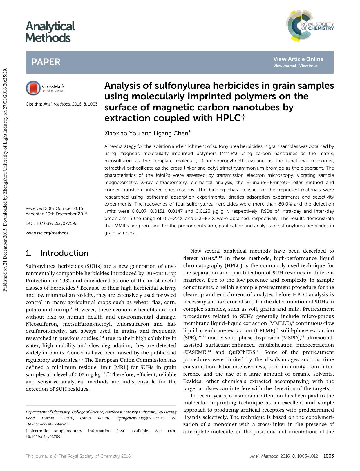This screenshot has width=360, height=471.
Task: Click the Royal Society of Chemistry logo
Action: (310, 26)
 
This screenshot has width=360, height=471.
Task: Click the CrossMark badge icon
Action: (33, 88)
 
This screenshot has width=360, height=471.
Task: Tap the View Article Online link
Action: (298, 59)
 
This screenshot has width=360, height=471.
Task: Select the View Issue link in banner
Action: (308, 66)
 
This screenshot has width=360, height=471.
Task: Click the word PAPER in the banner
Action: (46, 62)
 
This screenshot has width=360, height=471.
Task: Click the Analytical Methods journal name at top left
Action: (50, 32)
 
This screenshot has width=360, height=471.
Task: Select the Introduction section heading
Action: (64, 253)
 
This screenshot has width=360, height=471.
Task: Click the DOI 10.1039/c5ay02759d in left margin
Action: (51, 223)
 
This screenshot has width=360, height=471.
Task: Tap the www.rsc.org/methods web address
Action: (47, 233)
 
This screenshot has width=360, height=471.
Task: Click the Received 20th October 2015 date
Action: (54, 208)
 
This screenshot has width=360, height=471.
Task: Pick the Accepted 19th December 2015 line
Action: (56, 214)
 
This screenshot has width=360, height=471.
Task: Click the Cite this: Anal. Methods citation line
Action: (61, 104)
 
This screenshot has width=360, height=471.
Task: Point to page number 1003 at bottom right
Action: (328, 456)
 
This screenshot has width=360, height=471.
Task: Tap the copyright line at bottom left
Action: (78, 456)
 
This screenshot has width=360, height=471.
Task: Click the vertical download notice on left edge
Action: (5, 180)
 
